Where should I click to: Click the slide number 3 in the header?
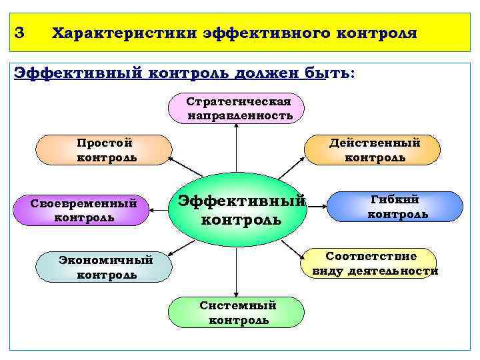19,33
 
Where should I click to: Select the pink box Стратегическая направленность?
237,109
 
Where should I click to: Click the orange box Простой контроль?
103,150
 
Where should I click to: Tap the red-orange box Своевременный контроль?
83,209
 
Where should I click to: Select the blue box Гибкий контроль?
396,206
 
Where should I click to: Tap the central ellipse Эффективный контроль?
238,209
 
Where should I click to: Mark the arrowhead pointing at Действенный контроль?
302,161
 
